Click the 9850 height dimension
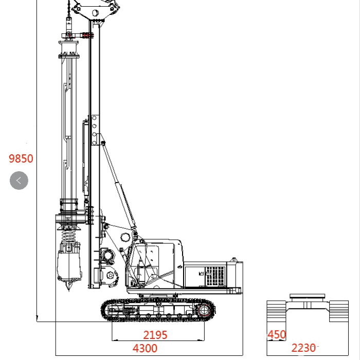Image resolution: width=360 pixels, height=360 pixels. [x=21, y=158]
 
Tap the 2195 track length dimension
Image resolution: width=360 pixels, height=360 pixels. [x=155, y=335]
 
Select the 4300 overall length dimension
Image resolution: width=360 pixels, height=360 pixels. [x=145, y=348]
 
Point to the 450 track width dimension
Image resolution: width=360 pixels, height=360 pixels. [x=277, y=334]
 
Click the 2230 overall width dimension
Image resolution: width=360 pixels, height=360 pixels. [x=303, y=348]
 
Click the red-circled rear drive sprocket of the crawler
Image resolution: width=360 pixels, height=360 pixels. [x=204, y=311]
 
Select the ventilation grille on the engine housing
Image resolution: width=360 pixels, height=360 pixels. [x=214, y=276]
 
